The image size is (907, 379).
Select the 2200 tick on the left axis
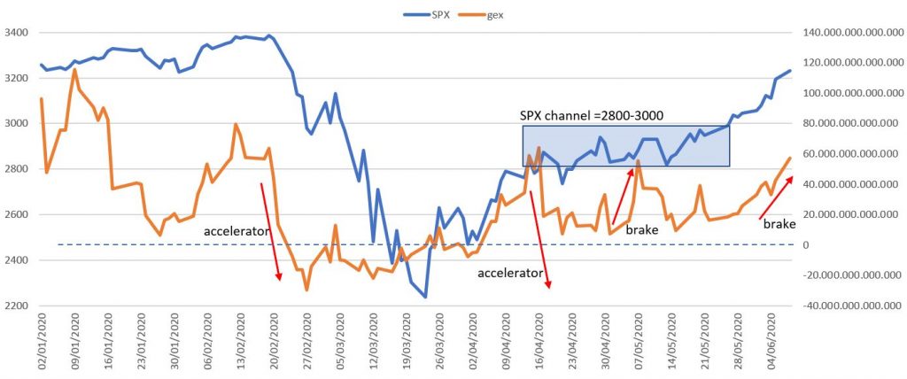click(x=17, y=306)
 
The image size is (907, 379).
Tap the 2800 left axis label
click(x=17, y=170)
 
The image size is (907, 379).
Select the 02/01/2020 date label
click(x=42, y=342)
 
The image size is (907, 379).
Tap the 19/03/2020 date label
click(x=402, y=342)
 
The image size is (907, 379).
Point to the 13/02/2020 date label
click(x=238, y=342)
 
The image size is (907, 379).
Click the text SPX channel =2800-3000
click(x=592, y=116)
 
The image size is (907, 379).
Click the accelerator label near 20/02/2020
click(x=236, y=232)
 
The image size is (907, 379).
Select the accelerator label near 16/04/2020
click(x=509, y=274)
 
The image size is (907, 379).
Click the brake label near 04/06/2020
click(x=779, y=225)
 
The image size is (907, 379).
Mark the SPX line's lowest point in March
click(x=426, y=297)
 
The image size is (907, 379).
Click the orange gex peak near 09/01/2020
click(x=74, y=69)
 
